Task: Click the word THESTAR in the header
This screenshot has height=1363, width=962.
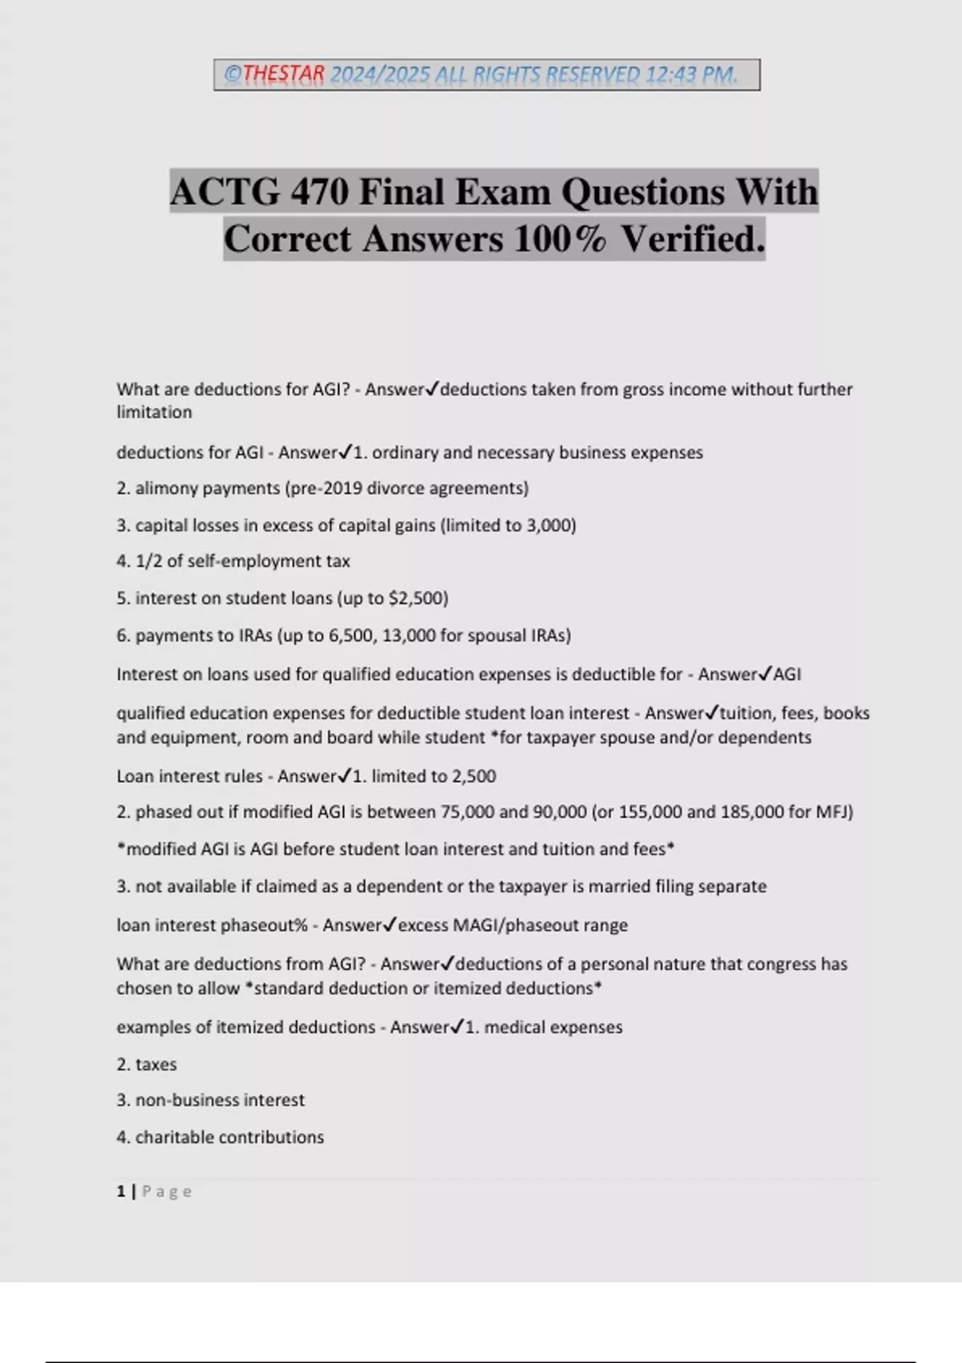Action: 284,75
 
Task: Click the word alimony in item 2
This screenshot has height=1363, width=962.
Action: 164,488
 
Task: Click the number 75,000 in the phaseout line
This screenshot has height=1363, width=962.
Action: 467,811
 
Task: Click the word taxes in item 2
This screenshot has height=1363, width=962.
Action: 156,1064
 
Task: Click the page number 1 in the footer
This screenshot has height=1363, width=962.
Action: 121,1191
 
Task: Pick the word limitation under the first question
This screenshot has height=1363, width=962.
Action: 154,412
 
